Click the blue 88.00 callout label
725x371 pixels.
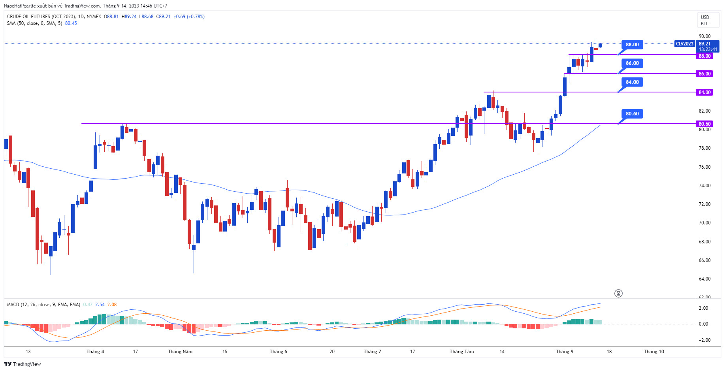point(632,45)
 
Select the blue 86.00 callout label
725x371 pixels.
point(632,63)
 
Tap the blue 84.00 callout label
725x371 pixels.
point(632,82)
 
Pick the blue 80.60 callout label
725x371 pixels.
point(632,114)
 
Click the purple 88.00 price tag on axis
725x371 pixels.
point(704,56)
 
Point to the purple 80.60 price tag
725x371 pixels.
point(704,124)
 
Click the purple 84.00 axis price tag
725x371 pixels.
point(704,92)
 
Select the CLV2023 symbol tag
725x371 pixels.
point(685,44)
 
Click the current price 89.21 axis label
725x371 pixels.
point(704,44)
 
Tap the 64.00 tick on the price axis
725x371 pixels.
point(704,279)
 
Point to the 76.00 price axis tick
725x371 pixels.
point(704,167)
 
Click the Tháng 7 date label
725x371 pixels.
point(372,352)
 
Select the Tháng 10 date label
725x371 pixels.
point(654,352)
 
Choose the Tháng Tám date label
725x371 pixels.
point(461,352)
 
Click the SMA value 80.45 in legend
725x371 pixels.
point(71,23)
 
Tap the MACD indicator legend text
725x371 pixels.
point(43,305)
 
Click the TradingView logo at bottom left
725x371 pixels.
point(23,364)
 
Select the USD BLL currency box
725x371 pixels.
point(705,21)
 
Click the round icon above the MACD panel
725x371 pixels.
point(618,293)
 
